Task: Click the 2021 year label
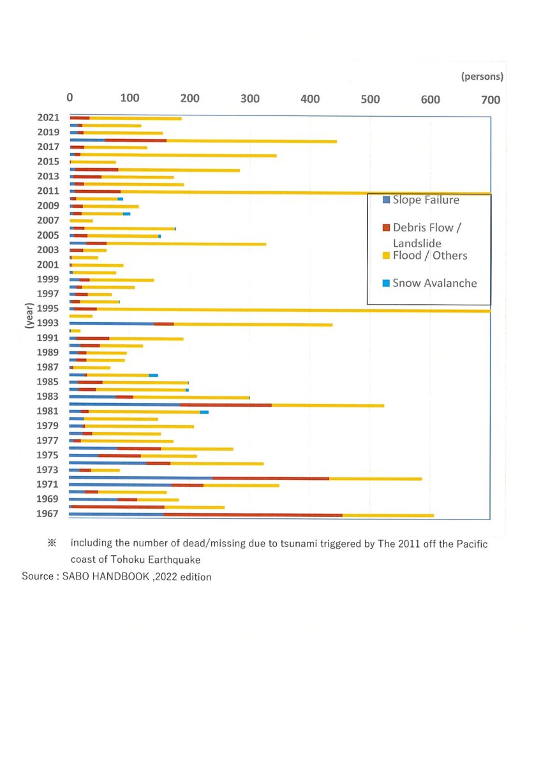pos(48,117)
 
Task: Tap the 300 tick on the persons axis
pos(250,99)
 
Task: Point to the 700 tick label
pos(491,99)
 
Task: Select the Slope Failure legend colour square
pos(386,200)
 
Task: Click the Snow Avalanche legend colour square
pos(386,283)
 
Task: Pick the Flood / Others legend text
pos(430,256)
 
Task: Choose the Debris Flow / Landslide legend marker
pos(386,228)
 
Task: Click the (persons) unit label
pos(482,76)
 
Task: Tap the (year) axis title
pos(30,316)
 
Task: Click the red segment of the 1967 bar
pos(253,515)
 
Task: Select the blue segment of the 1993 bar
pos(112,323)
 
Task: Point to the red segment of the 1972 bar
pos(270,479)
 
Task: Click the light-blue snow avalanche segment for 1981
pos(204,412)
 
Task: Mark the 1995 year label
pos(48,309)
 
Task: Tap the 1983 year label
pos(47,396)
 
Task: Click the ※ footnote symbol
pos(52,543)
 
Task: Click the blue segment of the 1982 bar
pos(125,405)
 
